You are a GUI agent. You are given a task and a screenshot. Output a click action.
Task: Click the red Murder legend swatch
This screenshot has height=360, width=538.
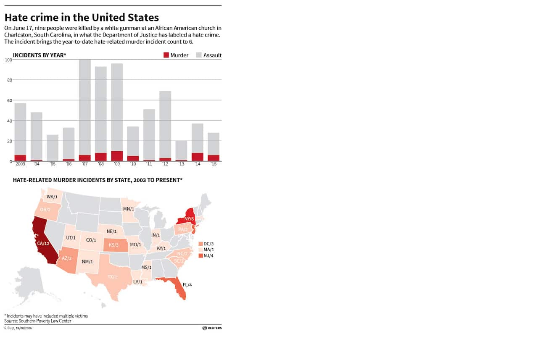[x=166, y=55]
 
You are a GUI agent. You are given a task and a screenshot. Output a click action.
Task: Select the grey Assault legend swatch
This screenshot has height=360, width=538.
[x=199, y=55]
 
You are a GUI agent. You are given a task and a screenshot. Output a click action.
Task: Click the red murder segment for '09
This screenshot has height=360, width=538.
[x=117, y=156]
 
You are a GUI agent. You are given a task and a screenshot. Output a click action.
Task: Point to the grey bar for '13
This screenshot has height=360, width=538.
[x=181, y=150]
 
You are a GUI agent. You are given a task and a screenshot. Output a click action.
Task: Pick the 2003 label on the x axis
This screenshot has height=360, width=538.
[x=20, y=164]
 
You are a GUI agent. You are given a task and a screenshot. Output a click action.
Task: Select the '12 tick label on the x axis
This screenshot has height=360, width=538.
[x=165, y=164]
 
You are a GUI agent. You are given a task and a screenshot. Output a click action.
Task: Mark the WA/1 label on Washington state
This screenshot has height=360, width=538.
[x=52, y=197]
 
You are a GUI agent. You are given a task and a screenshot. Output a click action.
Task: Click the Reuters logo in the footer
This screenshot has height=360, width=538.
[x=212, y=328]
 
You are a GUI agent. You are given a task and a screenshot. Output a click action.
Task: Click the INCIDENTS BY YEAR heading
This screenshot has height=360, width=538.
[x=40, y=55]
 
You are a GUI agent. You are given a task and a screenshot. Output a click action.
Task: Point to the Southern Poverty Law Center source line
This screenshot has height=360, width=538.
[x=38, y=321]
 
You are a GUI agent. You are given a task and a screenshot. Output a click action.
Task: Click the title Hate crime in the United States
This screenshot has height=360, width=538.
[x=82, y=17]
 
